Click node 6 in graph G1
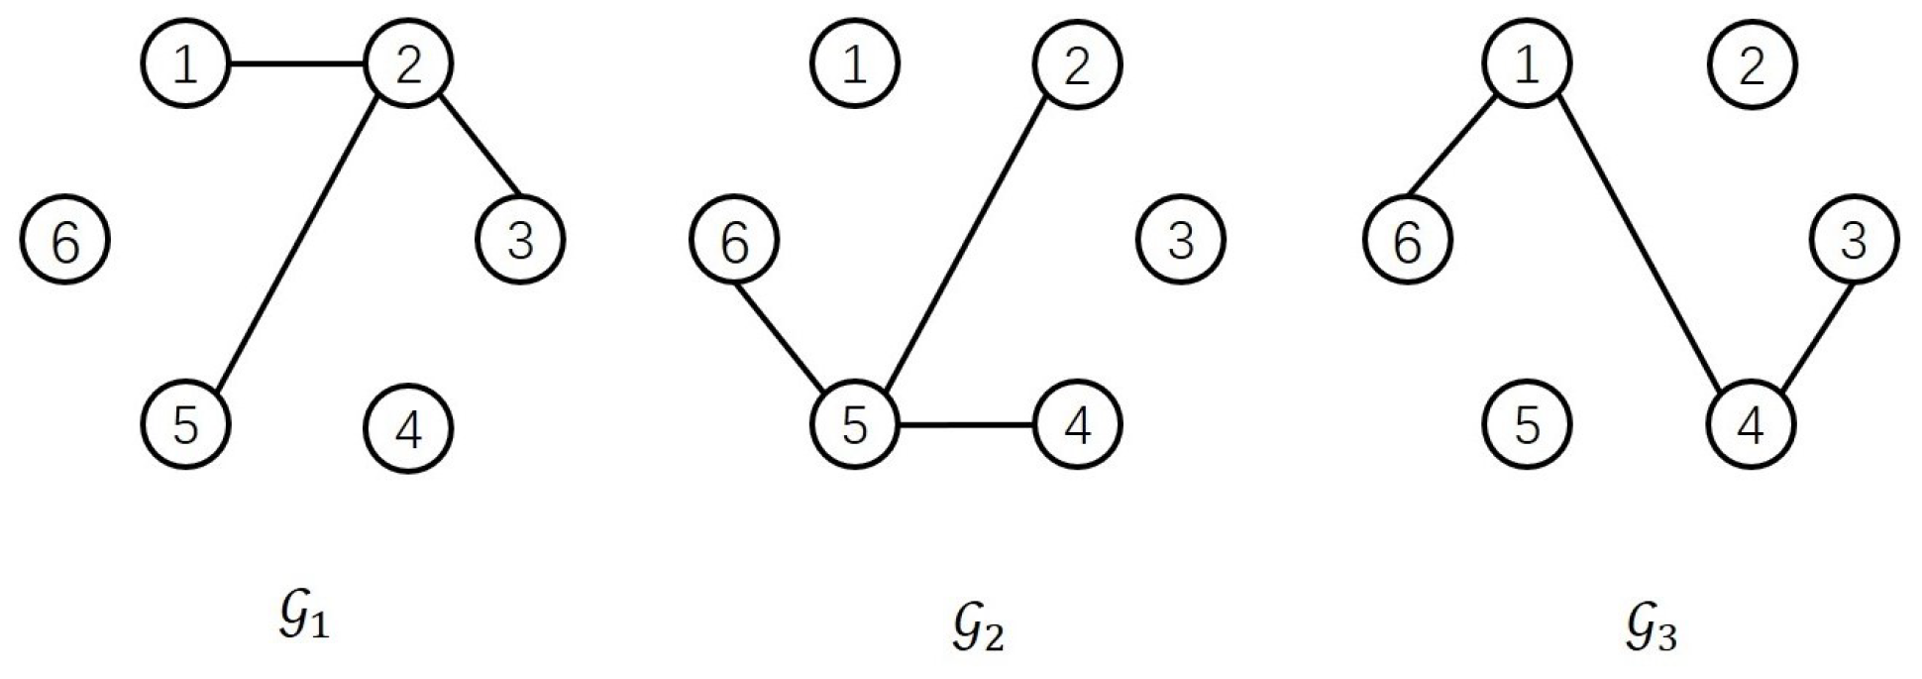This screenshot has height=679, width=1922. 64,241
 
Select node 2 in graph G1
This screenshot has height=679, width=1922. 408,64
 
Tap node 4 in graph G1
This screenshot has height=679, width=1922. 408,427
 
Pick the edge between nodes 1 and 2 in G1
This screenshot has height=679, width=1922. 297,65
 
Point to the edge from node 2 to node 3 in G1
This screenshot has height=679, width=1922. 479,145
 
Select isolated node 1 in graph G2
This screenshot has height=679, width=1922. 855,64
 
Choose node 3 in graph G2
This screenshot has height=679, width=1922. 1180,241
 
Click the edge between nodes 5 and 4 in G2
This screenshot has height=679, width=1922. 966,426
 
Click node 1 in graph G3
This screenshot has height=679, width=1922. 1527,64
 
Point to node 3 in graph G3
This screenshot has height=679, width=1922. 1854,241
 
